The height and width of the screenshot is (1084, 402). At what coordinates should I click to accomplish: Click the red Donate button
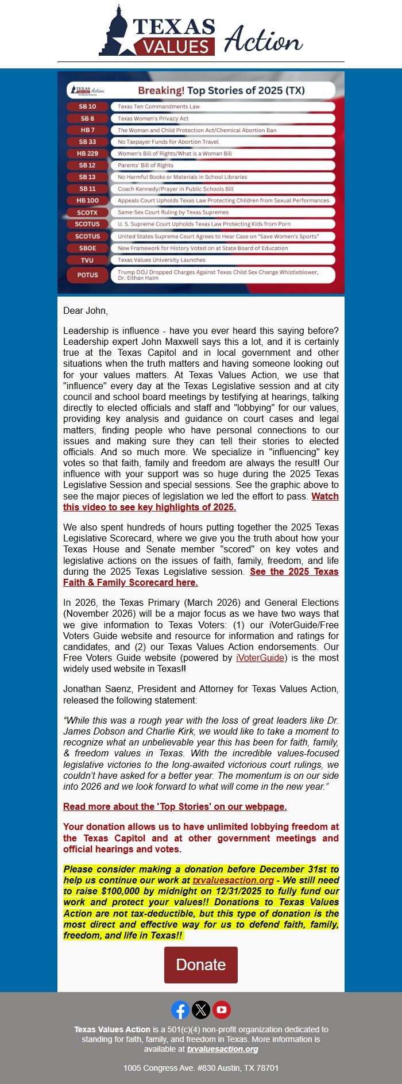pyautogui.click(x=200, y=965)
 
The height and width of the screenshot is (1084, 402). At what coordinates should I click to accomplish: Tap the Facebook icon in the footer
pyautogui.click(x=180, y=1010)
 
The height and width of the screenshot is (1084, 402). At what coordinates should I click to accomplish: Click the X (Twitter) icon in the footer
pyautogui.click(x=201, y=1010)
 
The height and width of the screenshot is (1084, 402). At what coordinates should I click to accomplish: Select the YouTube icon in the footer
pyautogui.click(x=222, y=1010)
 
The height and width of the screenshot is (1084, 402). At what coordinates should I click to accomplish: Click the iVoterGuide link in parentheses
pyautogui.click(x=260, y=658)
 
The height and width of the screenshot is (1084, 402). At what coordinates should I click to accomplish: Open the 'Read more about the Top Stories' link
pyautogui.click(x=175, y=806)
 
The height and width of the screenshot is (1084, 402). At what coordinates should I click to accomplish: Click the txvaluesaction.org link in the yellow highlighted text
pyautogui.click(x=233, y=880)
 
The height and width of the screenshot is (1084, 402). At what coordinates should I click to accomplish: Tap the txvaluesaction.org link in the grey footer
pyautogui.click(x=222, y=1049)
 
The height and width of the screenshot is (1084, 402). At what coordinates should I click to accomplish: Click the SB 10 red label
pyautogui.click(x=88, y=106)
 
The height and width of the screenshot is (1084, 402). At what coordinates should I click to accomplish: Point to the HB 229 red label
pyautogui.click(x=88, y=153)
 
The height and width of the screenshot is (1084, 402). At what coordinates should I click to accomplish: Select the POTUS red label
pyautogui.click(x=88, y=275)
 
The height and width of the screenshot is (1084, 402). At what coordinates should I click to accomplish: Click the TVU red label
pyautogui.click(x=87, y=260)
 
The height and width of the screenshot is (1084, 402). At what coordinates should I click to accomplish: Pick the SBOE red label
pyautogui.click(x=88, y=248)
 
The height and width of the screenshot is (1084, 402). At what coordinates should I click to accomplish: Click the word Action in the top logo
pyautogui.click(x=262, y=40)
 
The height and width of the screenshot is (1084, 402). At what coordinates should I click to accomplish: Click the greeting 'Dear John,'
pyautogui.click(x=86, y=310)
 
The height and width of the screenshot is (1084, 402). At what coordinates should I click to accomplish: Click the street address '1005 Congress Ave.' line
pyautogui.click(x=201, y=1068)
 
